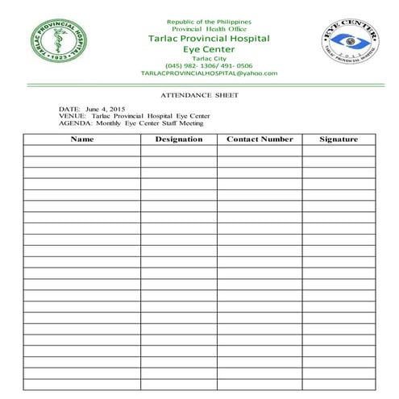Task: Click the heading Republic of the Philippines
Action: click(x=209, y=20)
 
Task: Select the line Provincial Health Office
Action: click(x=209, y=29)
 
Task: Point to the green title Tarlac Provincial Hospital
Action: click(x=209, y=39)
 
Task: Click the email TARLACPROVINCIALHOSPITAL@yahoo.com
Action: click(x=209, y=73)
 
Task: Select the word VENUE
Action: click(x=69, y=116)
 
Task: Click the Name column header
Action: click(x=82, y=139)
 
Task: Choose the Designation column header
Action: click(x=178, y=139)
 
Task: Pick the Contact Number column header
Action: click(x=260, y=139)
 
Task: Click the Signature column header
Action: click(x=338, y=139)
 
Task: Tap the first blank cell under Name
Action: click(x=82, y=151)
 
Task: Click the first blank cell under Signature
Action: click(x=338, y=151)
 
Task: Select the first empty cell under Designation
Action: click(x=178, y=151)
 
